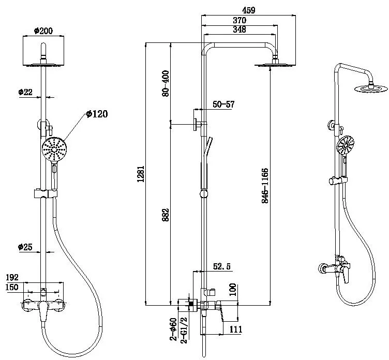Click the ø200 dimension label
click(x=45, y=31)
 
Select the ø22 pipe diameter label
click(x=26, y=92)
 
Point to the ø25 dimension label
click(x=26, y=247)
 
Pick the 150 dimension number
click(x=13, y=287)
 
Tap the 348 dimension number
click(x=238, y=30)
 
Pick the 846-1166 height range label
click(x=265, y=185)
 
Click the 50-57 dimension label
click(x=223, y=104)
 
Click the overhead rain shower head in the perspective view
click(x=371, y=88)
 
